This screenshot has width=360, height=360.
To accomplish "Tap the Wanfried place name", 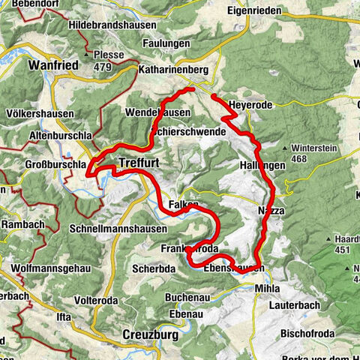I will [53, 65].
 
